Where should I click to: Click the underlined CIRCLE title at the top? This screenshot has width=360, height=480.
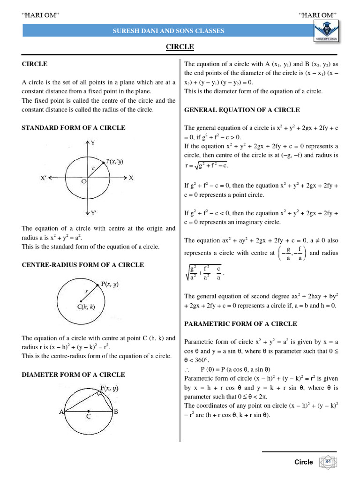180,47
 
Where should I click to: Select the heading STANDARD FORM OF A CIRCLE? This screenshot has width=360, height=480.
74,127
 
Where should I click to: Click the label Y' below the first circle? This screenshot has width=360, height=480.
93,213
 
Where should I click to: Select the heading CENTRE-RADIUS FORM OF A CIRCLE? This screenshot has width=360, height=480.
83,265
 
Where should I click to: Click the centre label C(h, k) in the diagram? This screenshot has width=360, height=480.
86,307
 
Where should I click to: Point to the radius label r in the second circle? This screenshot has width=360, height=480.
86,291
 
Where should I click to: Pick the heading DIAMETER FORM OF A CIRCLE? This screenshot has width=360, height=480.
74,375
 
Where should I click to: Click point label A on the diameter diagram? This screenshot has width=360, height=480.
61,412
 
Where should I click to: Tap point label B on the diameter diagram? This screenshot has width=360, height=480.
116,412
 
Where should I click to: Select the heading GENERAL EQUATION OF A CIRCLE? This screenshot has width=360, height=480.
242,110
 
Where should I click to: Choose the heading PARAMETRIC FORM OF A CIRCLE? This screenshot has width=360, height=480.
240,324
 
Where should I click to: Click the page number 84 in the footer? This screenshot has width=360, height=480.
328,462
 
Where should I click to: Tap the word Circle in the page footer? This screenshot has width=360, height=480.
303,462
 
